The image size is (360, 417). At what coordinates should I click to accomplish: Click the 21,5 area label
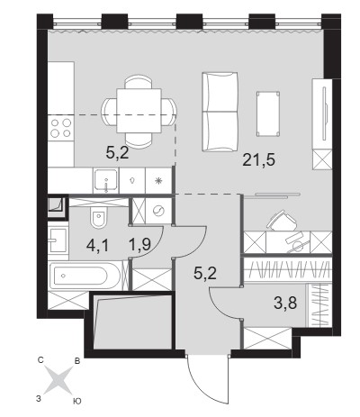(x=258, y=160)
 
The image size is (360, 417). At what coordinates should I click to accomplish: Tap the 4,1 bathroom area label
(x=97, y=246)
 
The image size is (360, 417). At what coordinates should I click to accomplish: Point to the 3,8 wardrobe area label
(x=285, y=304)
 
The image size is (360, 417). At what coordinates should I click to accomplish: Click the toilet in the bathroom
(x=98, y=217)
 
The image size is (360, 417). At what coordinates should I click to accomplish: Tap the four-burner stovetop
(x=61, y=128)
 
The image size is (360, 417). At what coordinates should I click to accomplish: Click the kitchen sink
(x=105, y=180)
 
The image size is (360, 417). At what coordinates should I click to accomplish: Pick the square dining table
(x=139, y=111)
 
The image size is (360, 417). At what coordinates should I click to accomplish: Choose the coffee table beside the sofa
(x=268, y=113)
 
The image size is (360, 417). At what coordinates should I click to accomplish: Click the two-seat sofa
(x=220, y=112)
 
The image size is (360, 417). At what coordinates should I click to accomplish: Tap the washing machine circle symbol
(x=157, y=212)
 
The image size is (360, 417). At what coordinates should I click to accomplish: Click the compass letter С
(x=41, y=360)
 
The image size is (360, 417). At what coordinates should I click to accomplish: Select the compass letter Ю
(x=77, y=401)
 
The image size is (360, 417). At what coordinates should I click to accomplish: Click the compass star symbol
(x=58, y=380)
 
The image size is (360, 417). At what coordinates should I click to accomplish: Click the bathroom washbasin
(x=58, y=240)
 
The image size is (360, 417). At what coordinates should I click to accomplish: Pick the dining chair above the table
(x=139, y=82)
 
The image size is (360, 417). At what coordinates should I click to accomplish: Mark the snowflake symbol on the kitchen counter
(x=158, y=181)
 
